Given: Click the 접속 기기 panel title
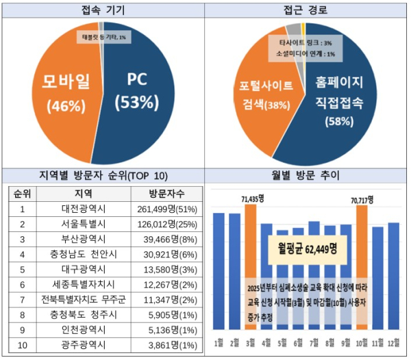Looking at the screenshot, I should pos(103,9).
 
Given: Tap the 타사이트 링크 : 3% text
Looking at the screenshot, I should pos(305,43).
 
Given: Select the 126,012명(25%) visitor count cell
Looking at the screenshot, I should pos(165,224).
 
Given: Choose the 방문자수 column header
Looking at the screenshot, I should pos(165,194).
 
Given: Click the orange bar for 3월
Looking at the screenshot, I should pos(250,267).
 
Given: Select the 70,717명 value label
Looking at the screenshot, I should pos(361,200).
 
